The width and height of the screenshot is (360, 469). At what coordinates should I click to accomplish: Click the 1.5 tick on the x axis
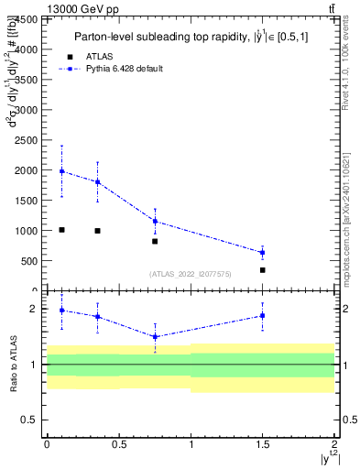[x=262, y=444]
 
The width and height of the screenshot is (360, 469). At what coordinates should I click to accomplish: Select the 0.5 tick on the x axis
[x=118, y=444]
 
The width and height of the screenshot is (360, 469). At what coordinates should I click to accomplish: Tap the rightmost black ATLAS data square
[x=262, y=270]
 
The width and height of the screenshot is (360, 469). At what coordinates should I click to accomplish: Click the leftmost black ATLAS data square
[x=61, y=230]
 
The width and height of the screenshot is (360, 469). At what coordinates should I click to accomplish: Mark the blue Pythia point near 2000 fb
[x=61, y=171]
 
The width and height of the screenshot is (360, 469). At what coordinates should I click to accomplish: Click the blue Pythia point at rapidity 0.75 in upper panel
[x=155, y=221]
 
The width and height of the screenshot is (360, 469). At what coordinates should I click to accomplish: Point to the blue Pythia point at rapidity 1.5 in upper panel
[x=262, y=252]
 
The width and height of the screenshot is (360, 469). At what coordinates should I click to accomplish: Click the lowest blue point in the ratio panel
[x=155, y=336]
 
